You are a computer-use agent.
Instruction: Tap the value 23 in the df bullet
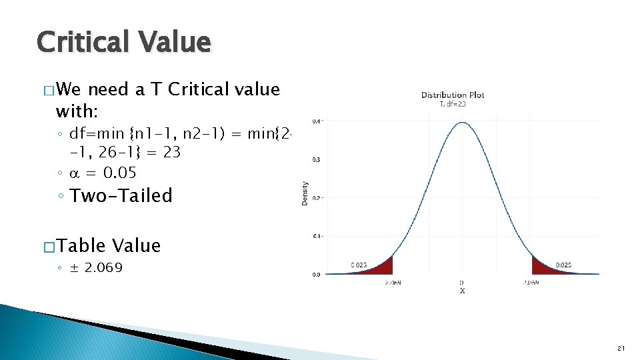171,152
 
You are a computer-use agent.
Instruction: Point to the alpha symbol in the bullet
75,173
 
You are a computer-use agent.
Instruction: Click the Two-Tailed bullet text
121,196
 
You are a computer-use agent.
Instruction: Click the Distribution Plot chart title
453,95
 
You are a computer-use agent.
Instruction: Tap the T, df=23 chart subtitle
453,104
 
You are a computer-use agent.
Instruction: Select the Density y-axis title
305,193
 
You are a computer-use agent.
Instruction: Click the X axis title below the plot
462,291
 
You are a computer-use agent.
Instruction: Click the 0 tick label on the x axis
462,283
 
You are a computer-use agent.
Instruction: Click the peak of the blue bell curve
462,123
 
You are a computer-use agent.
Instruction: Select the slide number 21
621,348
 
